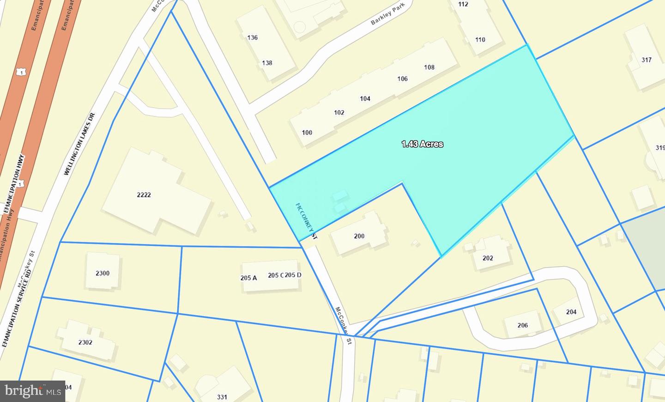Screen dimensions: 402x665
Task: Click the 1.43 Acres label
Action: coord(422,144)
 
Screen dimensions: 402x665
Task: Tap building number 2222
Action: coord(144,195)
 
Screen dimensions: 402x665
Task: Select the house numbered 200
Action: coord(359,236)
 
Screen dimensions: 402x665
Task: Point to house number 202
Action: coord(488,258)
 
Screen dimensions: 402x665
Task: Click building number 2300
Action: coord(103,273)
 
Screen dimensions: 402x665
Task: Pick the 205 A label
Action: coord(248,278)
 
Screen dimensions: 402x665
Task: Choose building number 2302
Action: coord(85,342)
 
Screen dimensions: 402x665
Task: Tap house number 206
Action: coord(522,325)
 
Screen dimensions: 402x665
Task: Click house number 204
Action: coord(571,312)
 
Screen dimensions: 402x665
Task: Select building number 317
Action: coord(646,60)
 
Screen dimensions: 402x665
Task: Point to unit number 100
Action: coord(307,133)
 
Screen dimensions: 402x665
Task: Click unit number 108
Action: coord(429,67)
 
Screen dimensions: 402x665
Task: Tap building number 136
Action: coord(252,37)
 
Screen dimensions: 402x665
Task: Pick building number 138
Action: coord(267,63)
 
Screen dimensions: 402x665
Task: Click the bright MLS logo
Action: coord(32,391)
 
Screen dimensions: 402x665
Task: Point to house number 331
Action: coord(222,396)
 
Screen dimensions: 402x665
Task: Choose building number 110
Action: coord(480,40)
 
